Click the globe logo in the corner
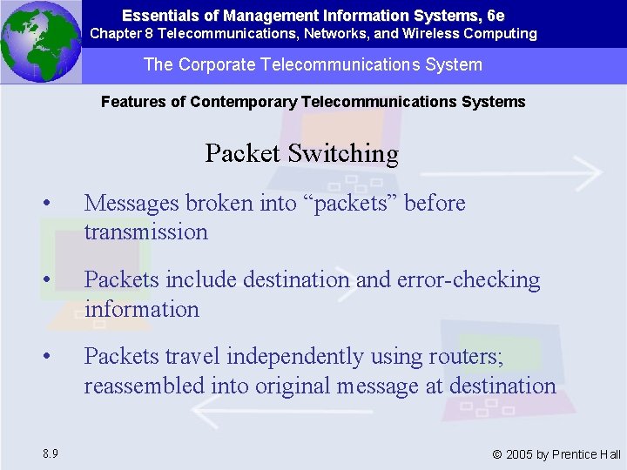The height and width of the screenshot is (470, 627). coord(40,41)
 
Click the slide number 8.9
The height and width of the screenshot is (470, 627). coord(49,453)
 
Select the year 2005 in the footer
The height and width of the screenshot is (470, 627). coord(521,454)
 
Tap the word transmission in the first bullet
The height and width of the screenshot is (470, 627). coord(145,232)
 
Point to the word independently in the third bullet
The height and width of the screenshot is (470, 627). coord(309,357)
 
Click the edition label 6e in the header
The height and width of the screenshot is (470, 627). coord(496,16)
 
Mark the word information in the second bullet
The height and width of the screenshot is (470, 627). coord(141,309)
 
